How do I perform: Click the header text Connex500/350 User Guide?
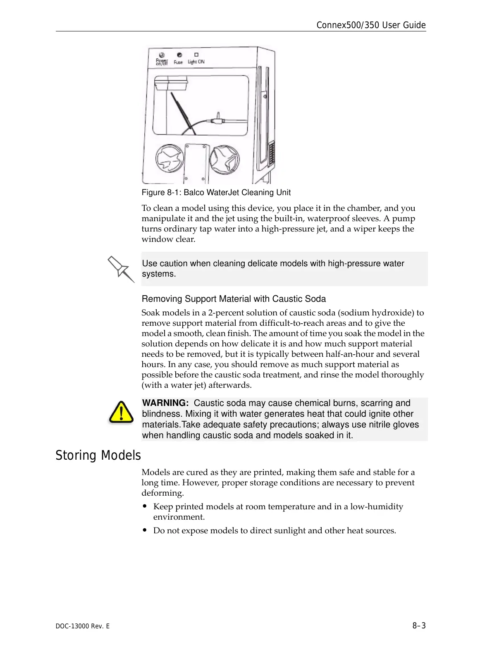coord(371,25)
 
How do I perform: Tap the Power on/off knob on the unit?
coord(162,55)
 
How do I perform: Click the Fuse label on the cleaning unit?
coord(178,62)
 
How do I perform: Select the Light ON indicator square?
coord(196,55)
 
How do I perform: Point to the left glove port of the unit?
coord(170,159)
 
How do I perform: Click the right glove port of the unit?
coord(225,159)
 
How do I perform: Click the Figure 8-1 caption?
coord(216,193)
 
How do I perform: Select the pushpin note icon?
coord(120,269)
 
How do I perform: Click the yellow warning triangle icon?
coord(121,412)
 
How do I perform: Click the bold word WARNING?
coord(165,403)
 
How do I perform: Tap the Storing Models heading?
coord(98,455)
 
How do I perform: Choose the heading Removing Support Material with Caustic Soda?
coord(234,299)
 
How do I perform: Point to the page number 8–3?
coord(419,625)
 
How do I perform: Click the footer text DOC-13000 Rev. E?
coord(83,626)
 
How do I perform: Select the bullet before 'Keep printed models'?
coord(145,506)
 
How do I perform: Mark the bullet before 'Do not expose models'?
coord(145,530)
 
